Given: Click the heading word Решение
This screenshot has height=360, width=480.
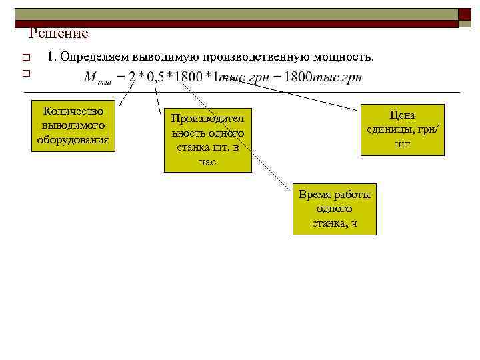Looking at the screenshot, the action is [x=59, y=33].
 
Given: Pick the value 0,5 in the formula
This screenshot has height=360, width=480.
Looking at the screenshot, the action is [x=155, y=77].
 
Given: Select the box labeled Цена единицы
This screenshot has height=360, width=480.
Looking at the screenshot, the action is [x=402, y=129].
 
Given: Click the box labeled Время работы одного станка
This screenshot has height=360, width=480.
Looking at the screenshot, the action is [x=334, y=209].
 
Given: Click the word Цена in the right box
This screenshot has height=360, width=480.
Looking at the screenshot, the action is [x=402, y=115].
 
